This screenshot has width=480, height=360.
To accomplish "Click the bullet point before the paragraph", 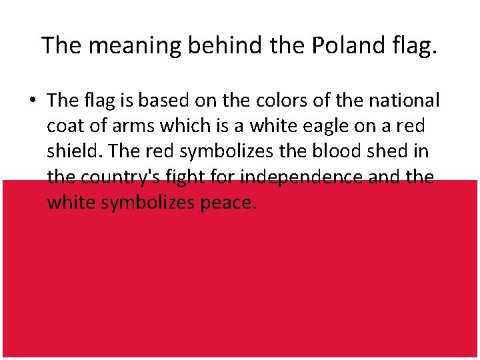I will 32,101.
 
